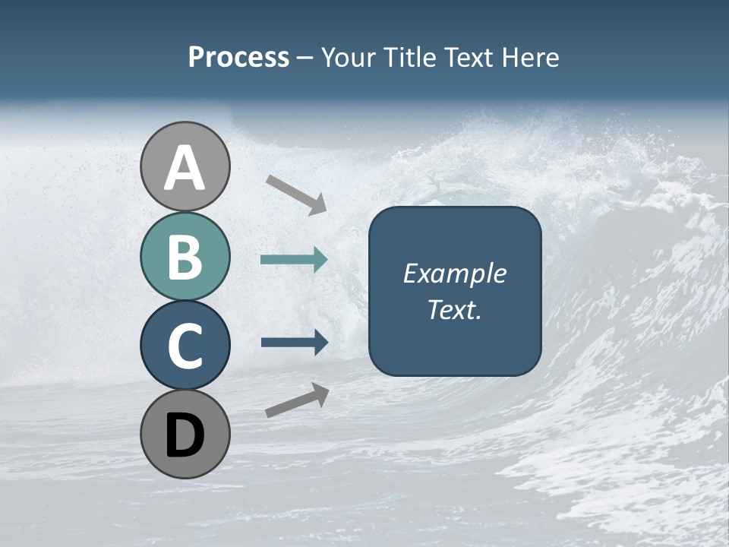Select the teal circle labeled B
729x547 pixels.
click(x=185, y=256)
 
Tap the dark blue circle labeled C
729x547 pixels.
click(x=185, y=345)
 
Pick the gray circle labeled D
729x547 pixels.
click(x=185, y=434)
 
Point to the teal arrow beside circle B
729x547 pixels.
click(x=294, y=260)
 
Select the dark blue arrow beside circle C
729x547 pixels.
click(x=294, y=342)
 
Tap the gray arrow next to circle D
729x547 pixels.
click(x=297, y=400)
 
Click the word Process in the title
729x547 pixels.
click(x=238, y=58)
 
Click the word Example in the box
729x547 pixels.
click(x=454, y=273)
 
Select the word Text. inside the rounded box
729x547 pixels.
click(x=454, y=310)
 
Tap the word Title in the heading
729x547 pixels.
click(x=407, y=58)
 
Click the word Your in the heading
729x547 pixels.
click(x=349, y=58)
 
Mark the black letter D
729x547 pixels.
click(x=185, y=435)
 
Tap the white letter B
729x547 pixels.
click(x=185, y=257)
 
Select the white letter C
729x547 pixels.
click(x=185, y=346)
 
